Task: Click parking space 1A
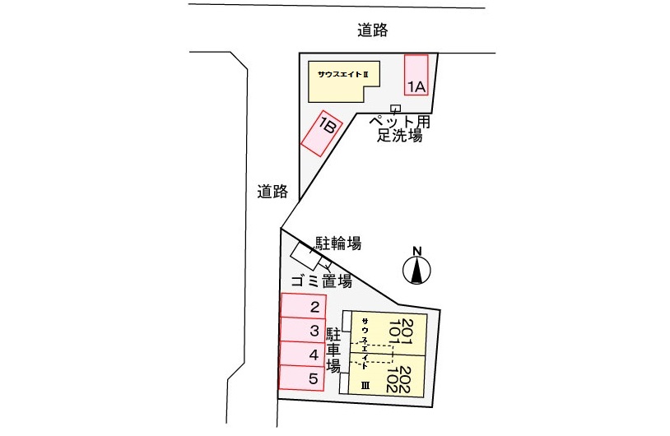416,75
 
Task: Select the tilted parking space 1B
322,133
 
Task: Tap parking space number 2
304,306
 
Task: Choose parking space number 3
303,330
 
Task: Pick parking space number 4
302,354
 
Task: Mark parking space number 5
301,378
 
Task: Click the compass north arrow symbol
417,270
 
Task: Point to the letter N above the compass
417,251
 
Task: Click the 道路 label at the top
373,30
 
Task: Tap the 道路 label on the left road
272,192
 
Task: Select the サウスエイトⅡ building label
342,74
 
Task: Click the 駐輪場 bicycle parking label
338,243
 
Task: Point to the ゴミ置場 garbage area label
322,281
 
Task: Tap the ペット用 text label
399,121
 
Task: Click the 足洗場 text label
399,136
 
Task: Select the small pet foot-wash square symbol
396,108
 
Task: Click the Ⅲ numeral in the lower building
365,386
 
